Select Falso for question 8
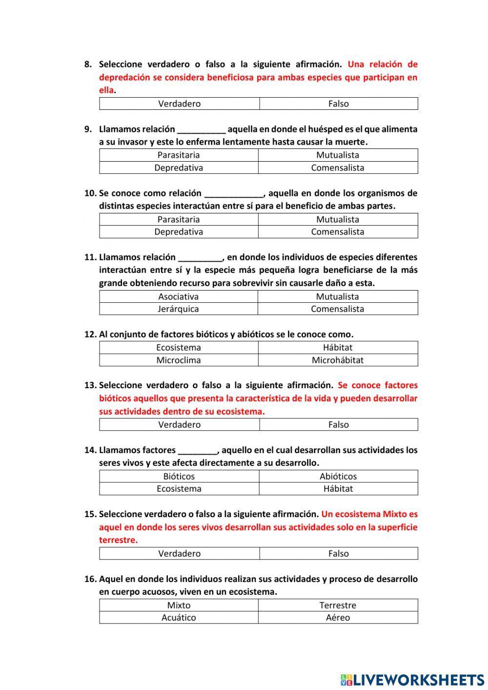[x=338, y=104]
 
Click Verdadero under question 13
[x=179, y=424]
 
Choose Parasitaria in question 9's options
[x=179, y=155]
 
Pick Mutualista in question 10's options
[x=338, y=219]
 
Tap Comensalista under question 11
[x=338, y=309]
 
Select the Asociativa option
[x=179, y=296]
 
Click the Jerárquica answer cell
[x=179, y=309]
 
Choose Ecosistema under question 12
[x=179, y=347]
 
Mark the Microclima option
[x=179, y=360]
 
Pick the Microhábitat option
[x=338, y=360]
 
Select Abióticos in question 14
[x=338, y=476]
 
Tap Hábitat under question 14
[x=338, y=488]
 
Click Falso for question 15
[x=338, y=553]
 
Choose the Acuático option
[x=179, y=617]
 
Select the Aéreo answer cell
[x=338, y=617]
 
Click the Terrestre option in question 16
[x=338, y=605]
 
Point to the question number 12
[x=90, y=335]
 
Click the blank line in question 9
[x=201, y=130]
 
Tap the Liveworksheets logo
[x=412, y=679]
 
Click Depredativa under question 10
[x=179, y=231]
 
